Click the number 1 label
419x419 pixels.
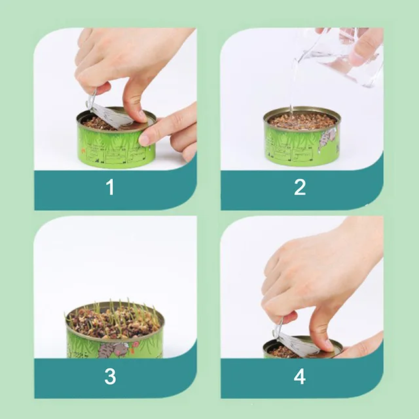click(x=110, y=187)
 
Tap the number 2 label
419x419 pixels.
click(x=300, y=187)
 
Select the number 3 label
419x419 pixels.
click(x=110, y=376)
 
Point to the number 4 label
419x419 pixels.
click(x=300, y=376)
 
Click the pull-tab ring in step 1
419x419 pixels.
click(x=91, y=101)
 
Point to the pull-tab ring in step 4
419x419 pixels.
click(x=278, y=325)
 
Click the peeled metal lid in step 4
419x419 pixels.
click(x=298, y=344)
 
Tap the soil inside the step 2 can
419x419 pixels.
click(x=301, y=120)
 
